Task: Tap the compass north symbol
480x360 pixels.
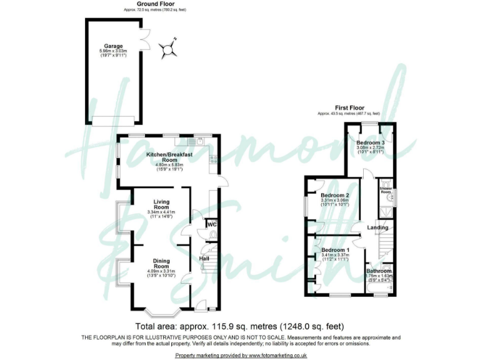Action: click(168, 49)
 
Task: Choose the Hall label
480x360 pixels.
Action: click(204, 258)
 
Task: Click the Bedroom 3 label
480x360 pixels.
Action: click(369, 143)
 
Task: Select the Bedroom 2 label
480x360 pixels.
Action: click(334, 196)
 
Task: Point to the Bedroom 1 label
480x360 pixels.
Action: click(334, 250)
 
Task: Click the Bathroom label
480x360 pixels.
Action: click(379, 271)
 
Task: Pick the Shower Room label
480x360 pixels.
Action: click(386, 189)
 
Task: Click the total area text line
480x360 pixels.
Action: click(240, 326)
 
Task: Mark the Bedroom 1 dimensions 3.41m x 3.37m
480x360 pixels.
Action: click(334, 255)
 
